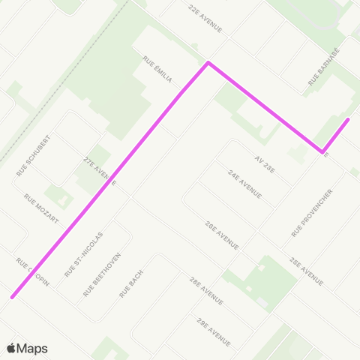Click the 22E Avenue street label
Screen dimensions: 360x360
(x=205, y=18)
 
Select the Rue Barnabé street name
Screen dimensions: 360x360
(x=324, y=68)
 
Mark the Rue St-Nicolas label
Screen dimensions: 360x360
(x=84, y=254)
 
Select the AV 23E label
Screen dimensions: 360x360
(x=265, y=163)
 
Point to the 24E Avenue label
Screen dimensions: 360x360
(x=244, y=184)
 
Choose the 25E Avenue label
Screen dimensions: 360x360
(x=306, y=271)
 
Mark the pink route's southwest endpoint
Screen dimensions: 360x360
(x=12, y=297)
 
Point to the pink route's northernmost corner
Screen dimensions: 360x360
(x=208, y=63)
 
